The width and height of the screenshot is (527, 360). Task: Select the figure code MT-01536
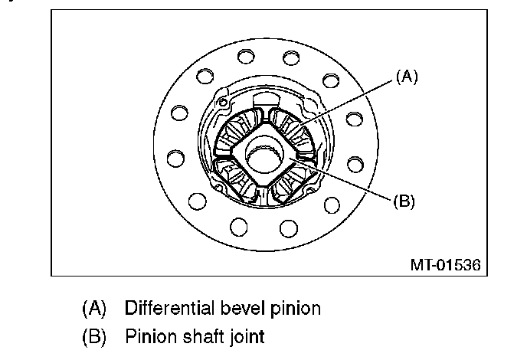[444, 266]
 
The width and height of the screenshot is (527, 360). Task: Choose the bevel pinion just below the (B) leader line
[294, 183]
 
